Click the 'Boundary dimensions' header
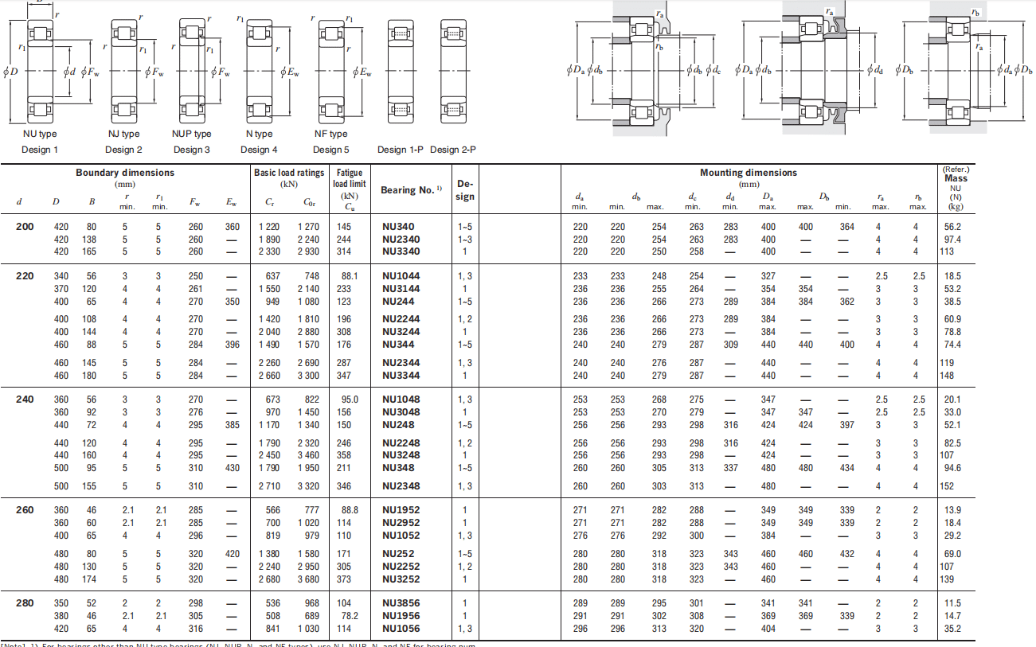pos(125,173)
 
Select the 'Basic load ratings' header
pos(289,173)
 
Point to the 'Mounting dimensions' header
pos(748,173)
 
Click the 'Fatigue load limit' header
pos(350,178)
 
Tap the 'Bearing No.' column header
pos(407,190)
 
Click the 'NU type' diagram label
pos(40,134)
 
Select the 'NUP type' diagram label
pos(191,134)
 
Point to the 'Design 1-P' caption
pos(401,150)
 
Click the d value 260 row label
pos(25,510)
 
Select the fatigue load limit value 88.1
pos(350,276)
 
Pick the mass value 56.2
pos(952,227)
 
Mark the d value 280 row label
pos(25,603)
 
